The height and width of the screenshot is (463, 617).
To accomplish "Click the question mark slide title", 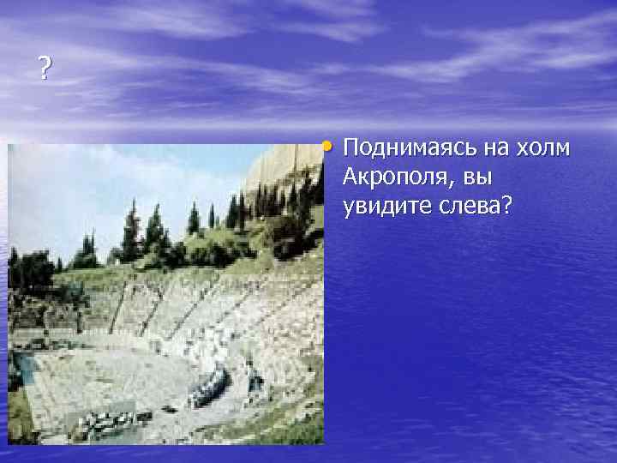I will (x=45, y=68).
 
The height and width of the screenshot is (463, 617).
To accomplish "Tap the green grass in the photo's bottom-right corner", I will (x=300, y=429).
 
